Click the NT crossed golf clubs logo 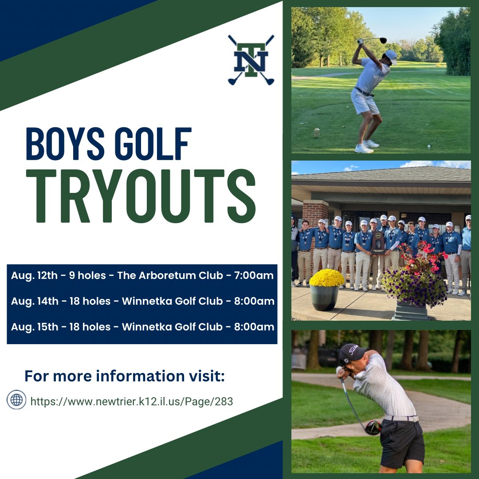pos(251,59)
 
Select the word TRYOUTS pos(141,196)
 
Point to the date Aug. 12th pos(34,275)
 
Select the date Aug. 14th pos(35,301)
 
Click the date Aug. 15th pos(35,327)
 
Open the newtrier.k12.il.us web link pos(131,401)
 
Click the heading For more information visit pos(125,376)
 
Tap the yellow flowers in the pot pos(327,278)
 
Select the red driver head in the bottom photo pos(373,427)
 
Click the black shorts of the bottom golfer pos(401,444)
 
